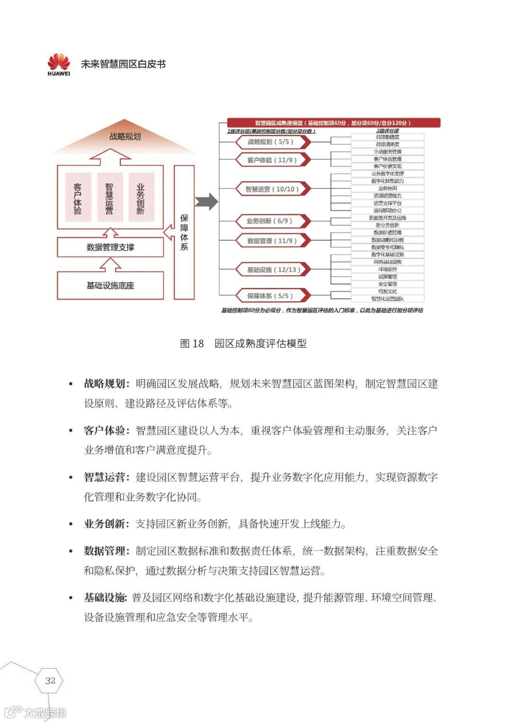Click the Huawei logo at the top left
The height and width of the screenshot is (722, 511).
click(59, 64)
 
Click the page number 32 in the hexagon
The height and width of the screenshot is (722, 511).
click(50, 680)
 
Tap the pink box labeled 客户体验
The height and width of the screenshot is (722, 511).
click(78, 197)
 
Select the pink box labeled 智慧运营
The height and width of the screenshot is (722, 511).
click(110, 197)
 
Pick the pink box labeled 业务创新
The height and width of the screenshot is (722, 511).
click(141, 197)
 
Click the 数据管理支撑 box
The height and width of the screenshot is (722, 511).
click(110, 247)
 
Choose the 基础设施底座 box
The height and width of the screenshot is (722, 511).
click(110, 286)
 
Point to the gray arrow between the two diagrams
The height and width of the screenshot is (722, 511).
click(207, 202)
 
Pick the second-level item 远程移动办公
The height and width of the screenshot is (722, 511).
click(388, 210)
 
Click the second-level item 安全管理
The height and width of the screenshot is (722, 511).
click(388, 284)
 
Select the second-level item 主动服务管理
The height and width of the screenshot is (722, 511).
click(388, 152)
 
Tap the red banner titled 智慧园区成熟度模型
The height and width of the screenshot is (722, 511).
click(334, 123)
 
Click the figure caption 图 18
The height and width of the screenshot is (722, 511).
click(192, 344)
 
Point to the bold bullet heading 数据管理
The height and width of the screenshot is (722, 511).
click(105, 551)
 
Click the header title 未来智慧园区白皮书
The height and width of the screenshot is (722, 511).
click(123, 64)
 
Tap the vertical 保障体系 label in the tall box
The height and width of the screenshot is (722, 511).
click(184, 232)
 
